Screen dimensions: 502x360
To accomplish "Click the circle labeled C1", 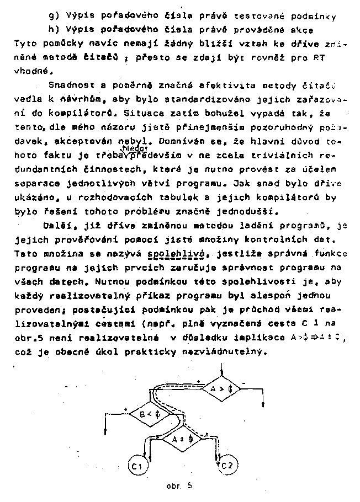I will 137,467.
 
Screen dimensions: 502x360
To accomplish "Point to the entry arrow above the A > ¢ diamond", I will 221,369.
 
